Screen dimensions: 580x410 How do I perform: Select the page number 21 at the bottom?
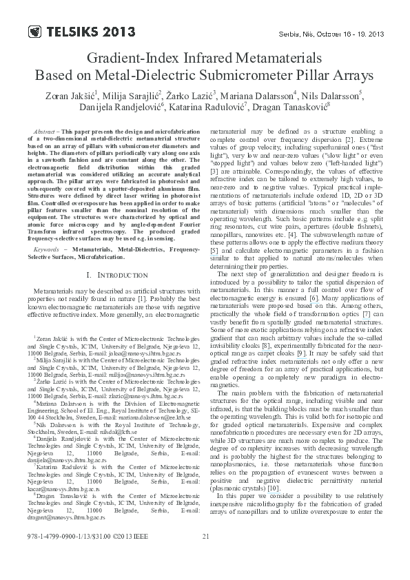[205, 557]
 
